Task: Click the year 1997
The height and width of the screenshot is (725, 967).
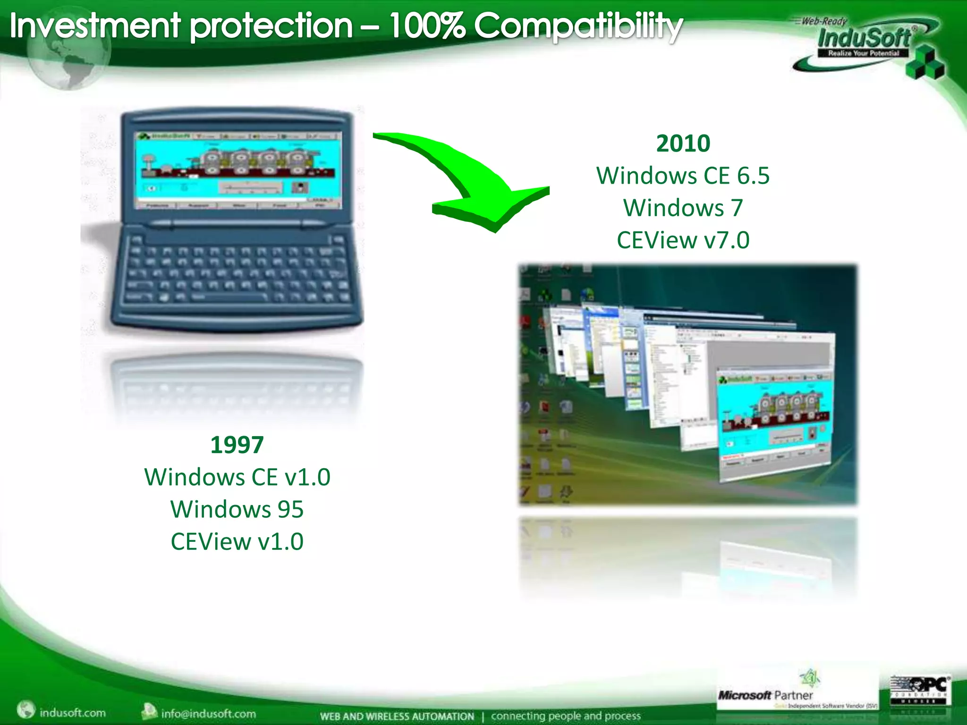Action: point(237,445)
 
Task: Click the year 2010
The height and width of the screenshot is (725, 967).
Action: point(683,143)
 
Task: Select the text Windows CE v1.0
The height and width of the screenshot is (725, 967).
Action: point(237,477)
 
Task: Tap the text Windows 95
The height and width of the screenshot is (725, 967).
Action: point(237,509)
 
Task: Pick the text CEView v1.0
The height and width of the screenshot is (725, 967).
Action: point(237,542)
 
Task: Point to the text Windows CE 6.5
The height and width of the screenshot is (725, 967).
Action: point(683,176)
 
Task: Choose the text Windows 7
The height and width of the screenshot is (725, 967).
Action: point(683,208)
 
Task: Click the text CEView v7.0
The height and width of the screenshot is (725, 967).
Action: point(683,240)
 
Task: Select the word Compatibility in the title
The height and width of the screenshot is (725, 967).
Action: point(578,26)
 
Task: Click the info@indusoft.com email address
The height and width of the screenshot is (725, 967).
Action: point(208,713)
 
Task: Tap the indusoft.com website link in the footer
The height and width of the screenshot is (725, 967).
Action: point(72,712)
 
